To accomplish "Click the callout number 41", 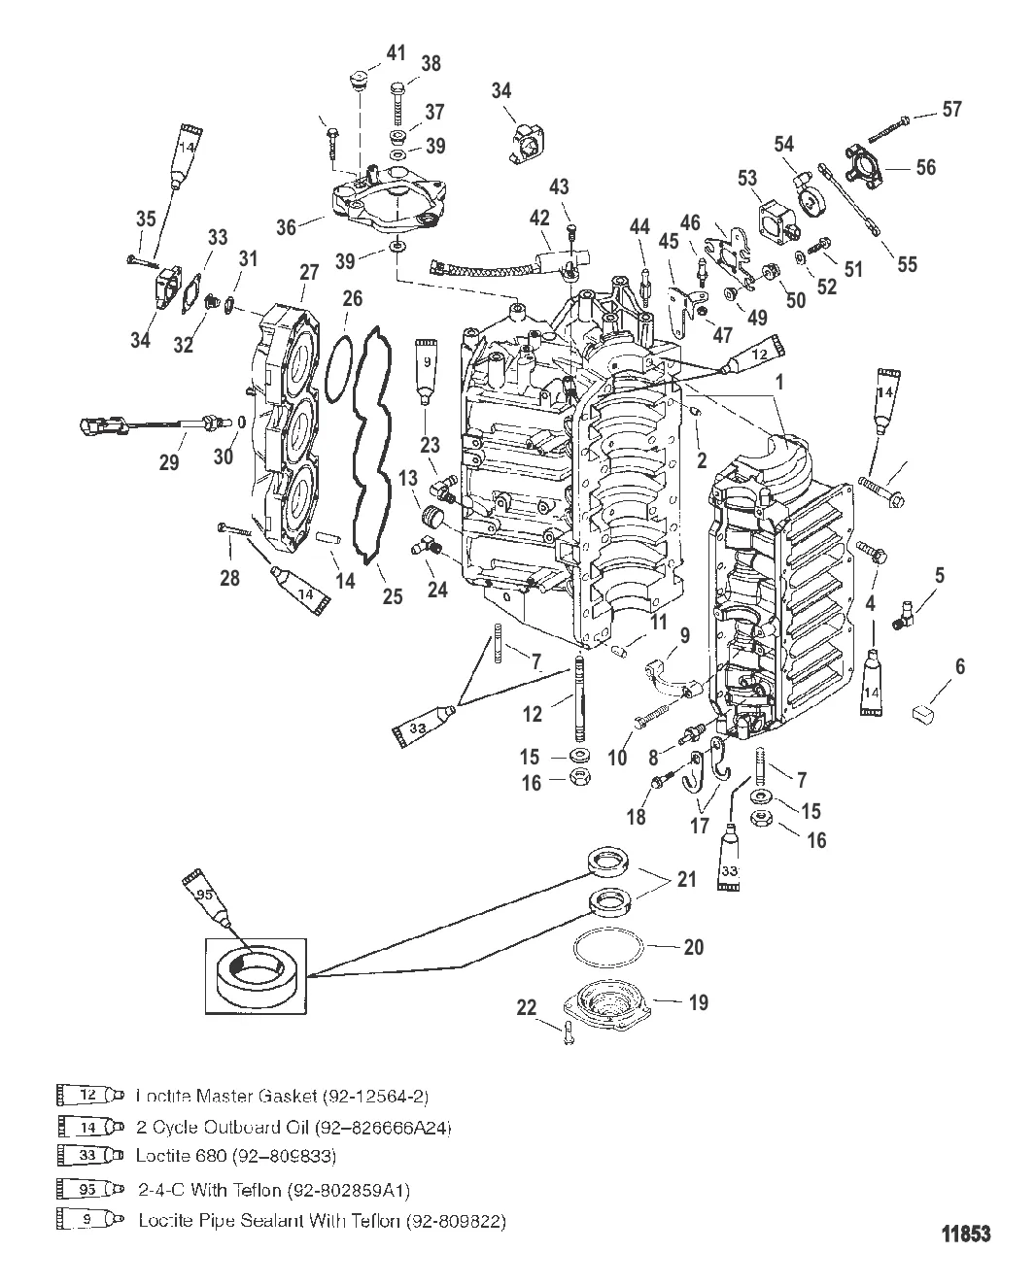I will tap(396, 52).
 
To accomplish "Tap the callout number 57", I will tap(951, 109).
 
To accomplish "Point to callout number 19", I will tap(698, 1002).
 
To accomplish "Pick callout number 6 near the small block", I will tap(960, 666).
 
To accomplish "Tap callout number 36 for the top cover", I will tap(286, 228).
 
